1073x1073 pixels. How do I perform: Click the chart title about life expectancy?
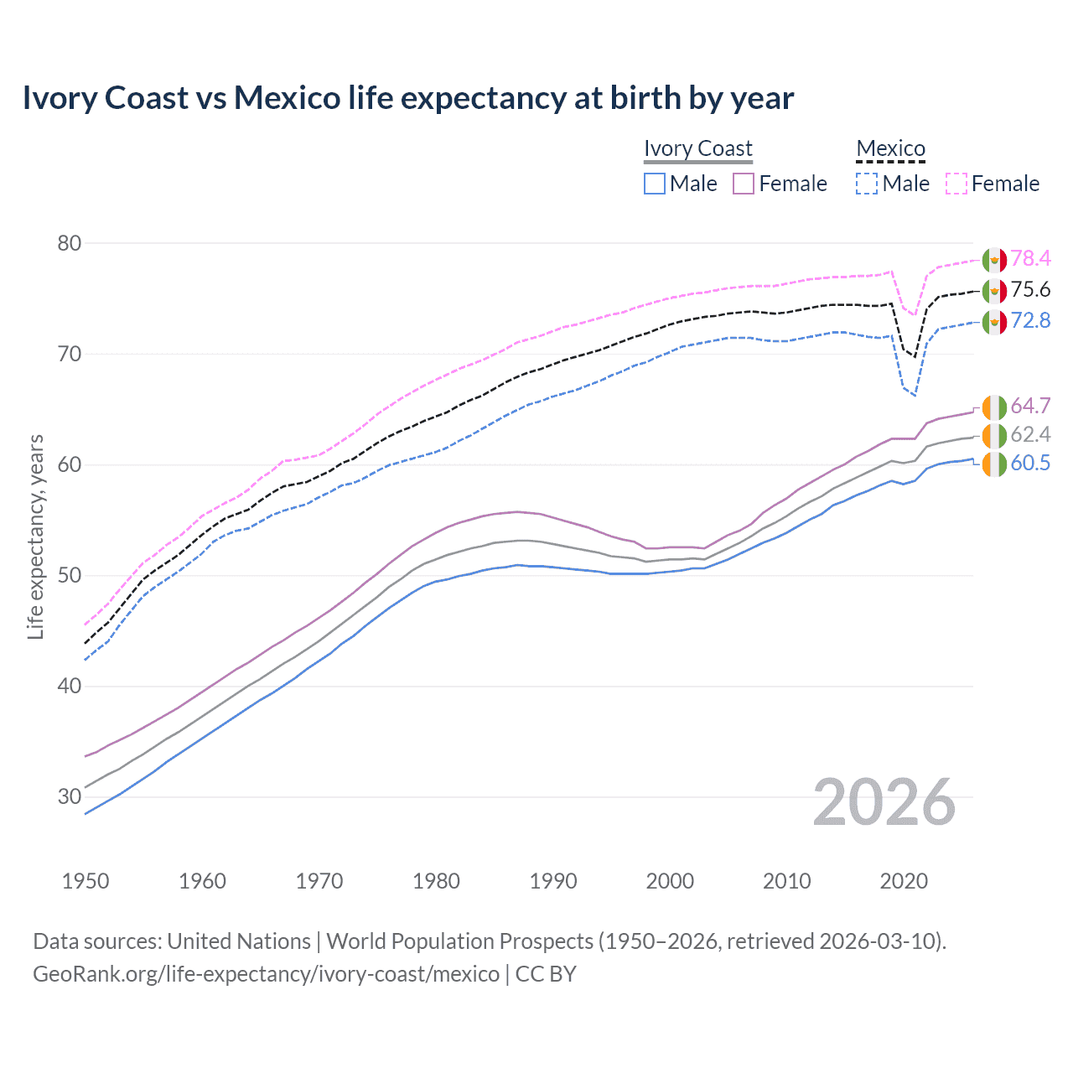pyautogui.click(x=407, y=98)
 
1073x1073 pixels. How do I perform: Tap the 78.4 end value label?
pyautogui.click(x=1030, y=259)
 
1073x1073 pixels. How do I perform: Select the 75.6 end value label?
pyautogui.click(x=1030, y=290)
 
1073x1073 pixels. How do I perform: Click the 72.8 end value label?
pyautogui.click(x=1030, y=321)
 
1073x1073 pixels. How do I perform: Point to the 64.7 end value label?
pyautogui.click(x=1030, y=407)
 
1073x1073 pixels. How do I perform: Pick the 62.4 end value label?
pyautogui.click(x=1030, y=434)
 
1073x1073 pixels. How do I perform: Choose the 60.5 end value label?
pyautogui.click(x=1030, y=464)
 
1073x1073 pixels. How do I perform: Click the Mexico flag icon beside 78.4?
pyautogui.click(x=994, y=260)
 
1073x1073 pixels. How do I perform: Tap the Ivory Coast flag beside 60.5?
pyautogui.click(x=994, y=464)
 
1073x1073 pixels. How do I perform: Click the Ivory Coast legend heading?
pyautogui.click(x=697, y=148)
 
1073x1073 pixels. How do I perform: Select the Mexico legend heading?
pyautogui.click(x=890, y=148)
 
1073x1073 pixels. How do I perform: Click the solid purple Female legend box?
pyautogui.click(x=744, y=184)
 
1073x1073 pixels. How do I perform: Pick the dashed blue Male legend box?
pyautogui.click(x=867, y=184)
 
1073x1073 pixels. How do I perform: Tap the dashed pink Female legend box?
pyautogui.click(x=956, y=184)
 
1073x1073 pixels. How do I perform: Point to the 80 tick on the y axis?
pyautogui.click(x=70, y=243)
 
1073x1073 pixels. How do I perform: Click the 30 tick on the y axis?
pyautogui.click(x=70, y=796)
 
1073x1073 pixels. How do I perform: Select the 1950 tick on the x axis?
pyautogui.click(x=86, y=881)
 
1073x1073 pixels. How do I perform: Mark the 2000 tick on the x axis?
pyautogui.click(x=670, y=881)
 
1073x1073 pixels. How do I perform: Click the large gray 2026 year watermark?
pyautogui.click(x=884, y=802)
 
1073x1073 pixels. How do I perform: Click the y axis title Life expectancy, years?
pyautogui.click(x=35, y=536)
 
